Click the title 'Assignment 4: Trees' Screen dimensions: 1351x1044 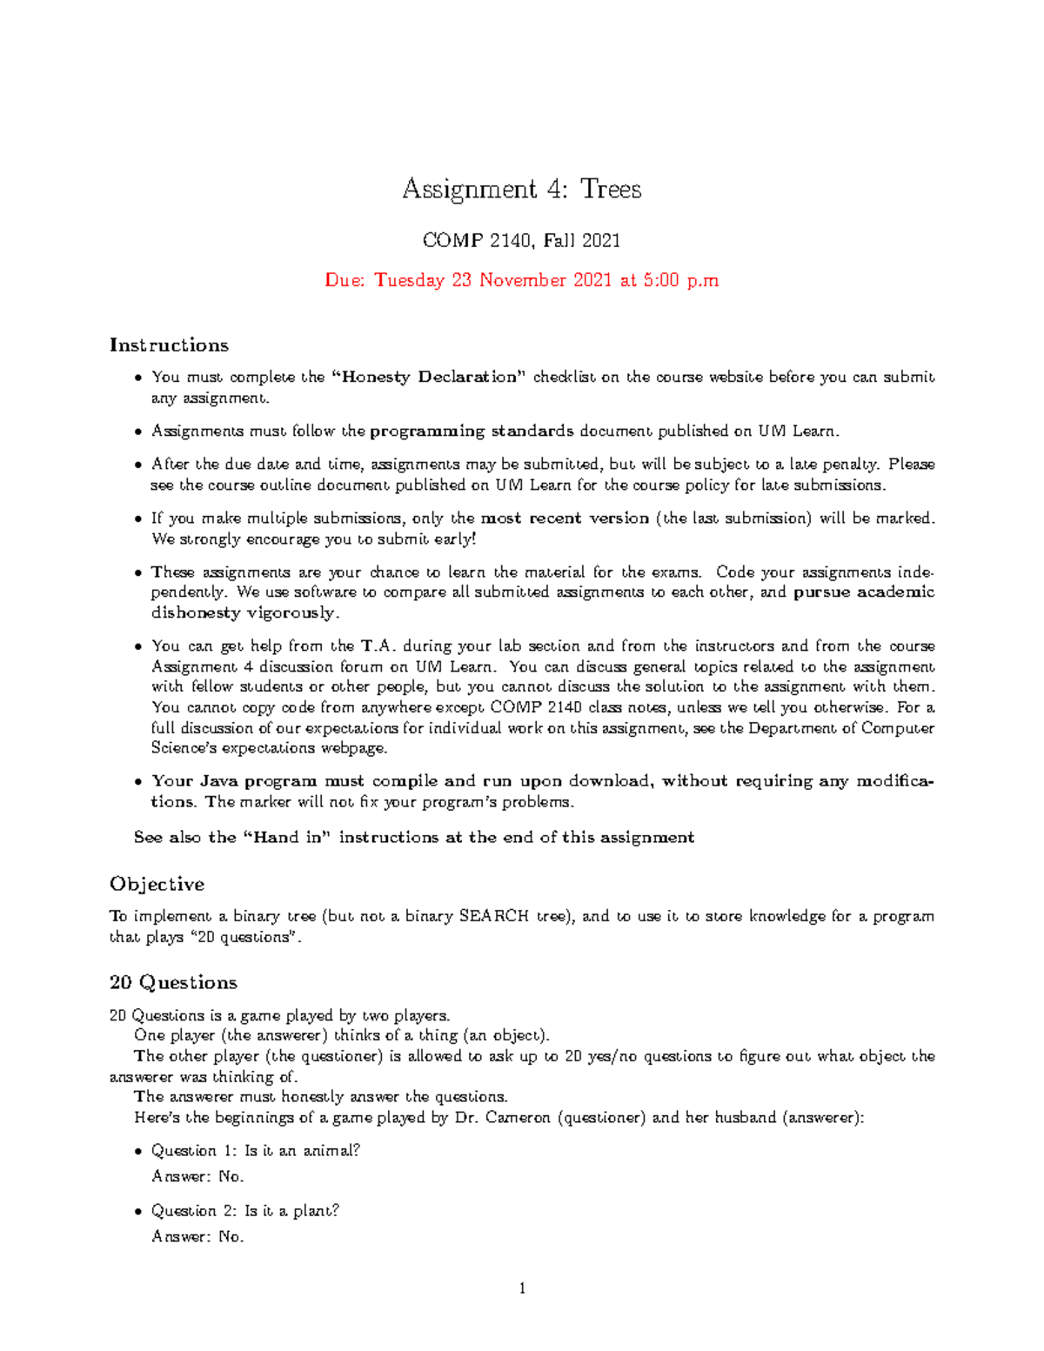[x=521, y=189]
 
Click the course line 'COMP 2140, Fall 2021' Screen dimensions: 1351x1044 [x=521, y=240]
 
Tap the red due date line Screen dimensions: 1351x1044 [x=521, y=280]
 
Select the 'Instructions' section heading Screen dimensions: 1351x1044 [x=169, y=345]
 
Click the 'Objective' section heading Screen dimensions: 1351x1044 [x=157, y=884]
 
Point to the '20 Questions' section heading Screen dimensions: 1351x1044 [x=173, y=982]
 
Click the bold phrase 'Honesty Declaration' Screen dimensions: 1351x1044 [x=430, y=377]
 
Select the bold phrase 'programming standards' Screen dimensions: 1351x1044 [x=472, y=431]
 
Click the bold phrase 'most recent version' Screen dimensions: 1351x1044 [x=565, y=518]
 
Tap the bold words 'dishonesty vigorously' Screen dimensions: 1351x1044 [x=243, y=612]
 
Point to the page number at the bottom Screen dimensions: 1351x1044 [x=521, y=1288]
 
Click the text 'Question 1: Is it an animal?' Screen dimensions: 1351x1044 [x=256, y=1150]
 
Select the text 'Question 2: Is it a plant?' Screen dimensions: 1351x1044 [x=245, y=1210]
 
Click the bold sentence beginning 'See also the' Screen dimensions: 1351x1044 [x=414, y=837]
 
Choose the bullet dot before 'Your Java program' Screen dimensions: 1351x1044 [x=138, y=781]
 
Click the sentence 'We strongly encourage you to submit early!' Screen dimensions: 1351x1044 [x=314, y=538]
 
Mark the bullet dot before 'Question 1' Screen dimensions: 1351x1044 [x=138, y=1151]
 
